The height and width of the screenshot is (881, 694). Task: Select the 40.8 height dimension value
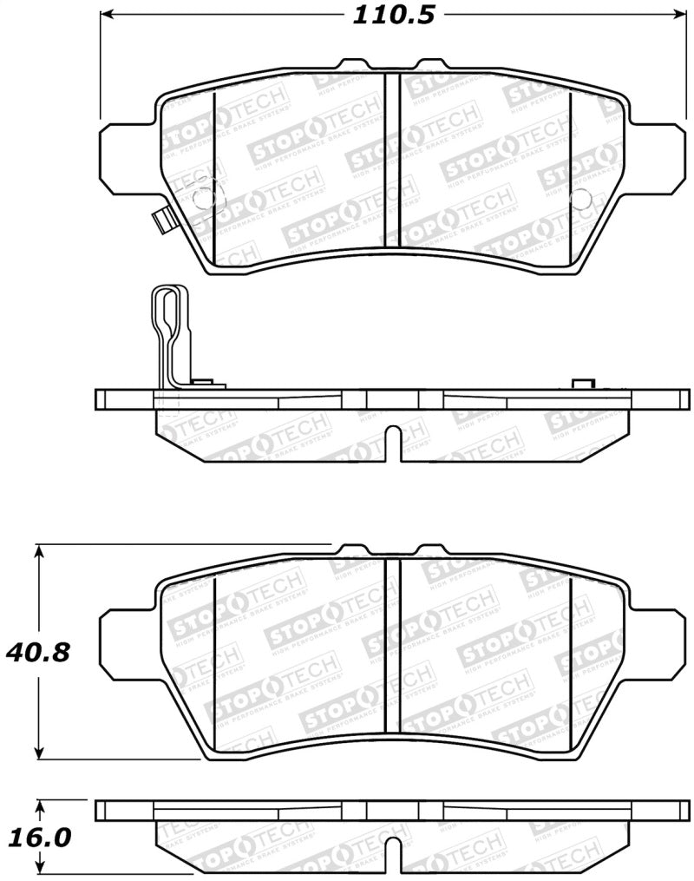click(37, 651)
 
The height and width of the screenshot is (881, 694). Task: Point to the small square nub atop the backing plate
click(582, 385)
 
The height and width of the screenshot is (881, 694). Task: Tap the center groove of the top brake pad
click(392, 161)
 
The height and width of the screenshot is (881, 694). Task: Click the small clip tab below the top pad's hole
click(159, 222)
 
